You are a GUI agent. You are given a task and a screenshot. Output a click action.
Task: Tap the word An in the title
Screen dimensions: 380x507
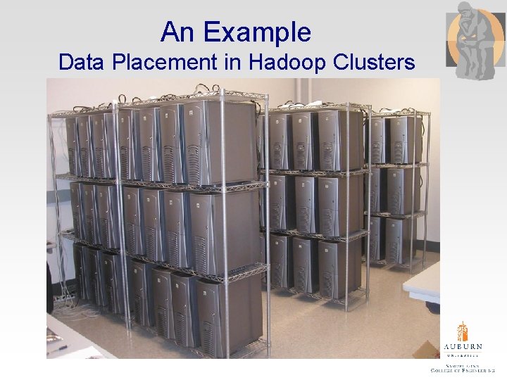[x=176, y=32]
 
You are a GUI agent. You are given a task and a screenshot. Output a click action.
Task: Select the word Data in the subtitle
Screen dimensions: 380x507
[x=80, y=63]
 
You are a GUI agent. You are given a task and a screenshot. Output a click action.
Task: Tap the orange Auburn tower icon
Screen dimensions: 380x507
[x=462, y=332]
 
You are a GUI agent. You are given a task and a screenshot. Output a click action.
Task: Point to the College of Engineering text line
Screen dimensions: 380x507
[x=462, y=370]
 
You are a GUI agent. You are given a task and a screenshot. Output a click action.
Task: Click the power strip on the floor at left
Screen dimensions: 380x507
[x=63, y=299]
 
